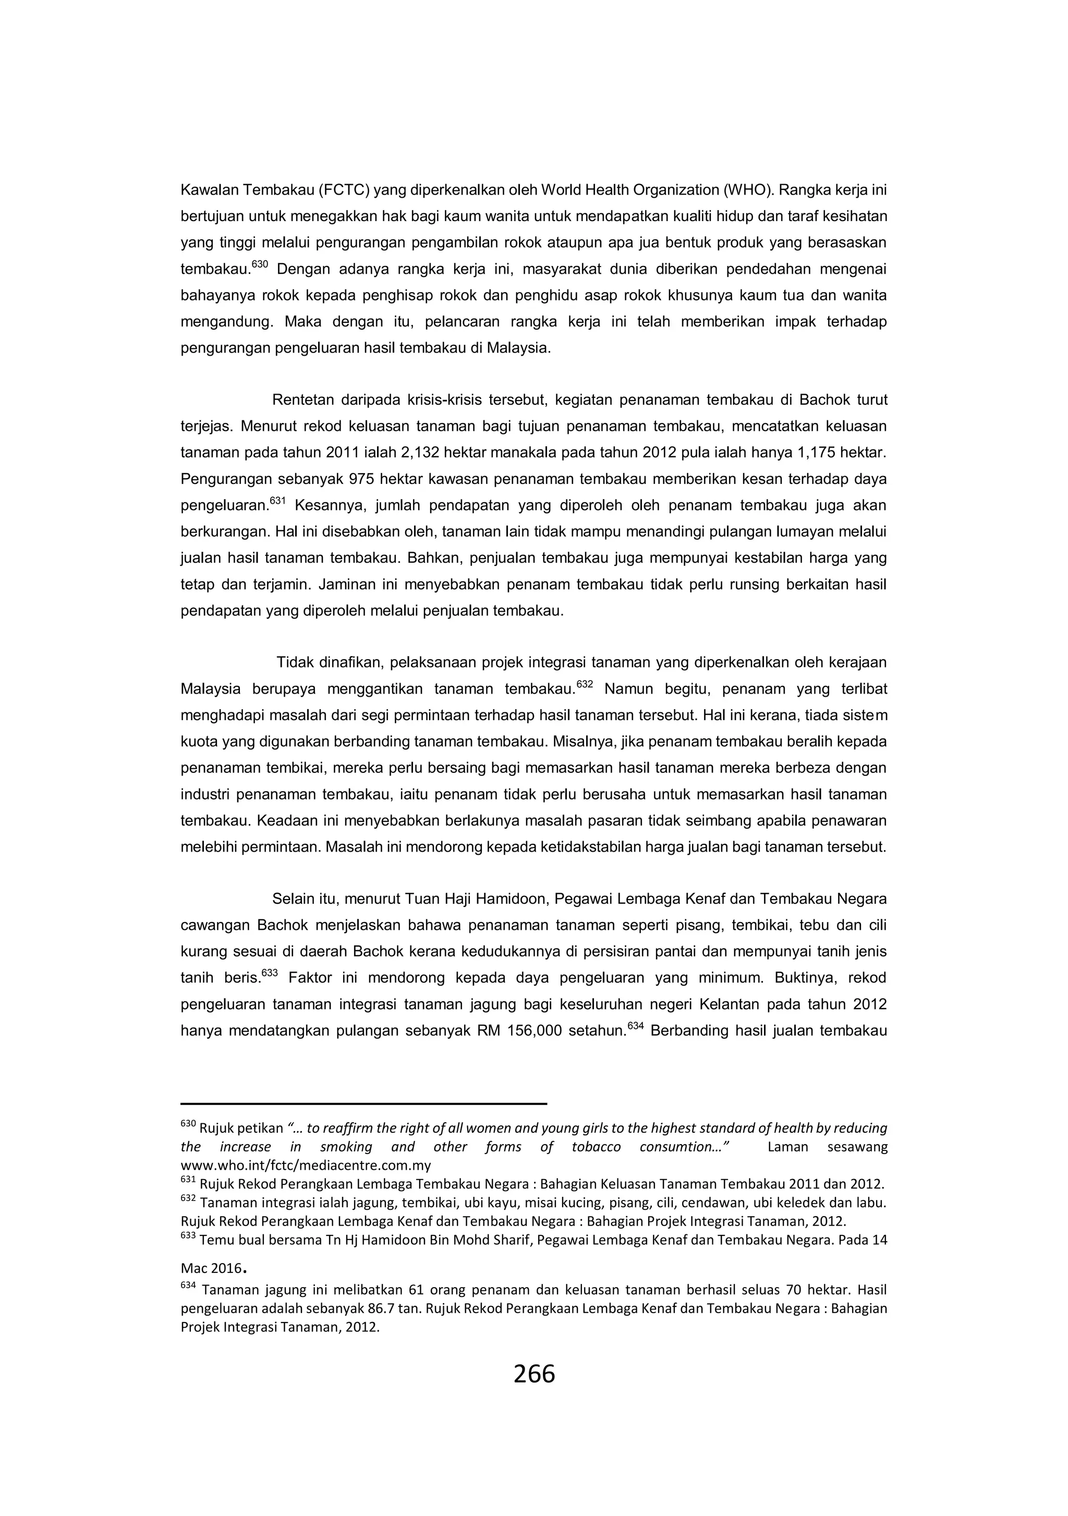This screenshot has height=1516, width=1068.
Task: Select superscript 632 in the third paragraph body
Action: pos(585,685)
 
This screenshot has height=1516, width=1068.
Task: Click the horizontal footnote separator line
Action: pos(363,1103)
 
